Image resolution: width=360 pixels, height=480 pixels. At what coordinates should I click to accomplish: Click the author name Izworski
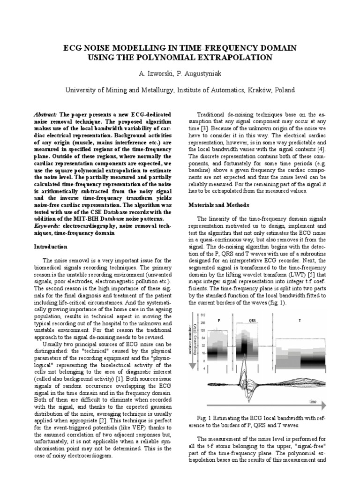click(157, 75)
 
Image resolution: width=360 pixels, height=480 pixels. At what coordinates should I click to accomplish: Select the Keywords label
click(48, 225)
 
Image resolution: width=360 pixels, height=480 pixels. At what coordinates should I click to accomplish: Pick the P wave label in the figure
click(219, 320)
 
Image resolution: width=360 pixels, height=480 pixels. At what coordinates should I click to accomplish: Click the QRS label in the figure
click(253, 320)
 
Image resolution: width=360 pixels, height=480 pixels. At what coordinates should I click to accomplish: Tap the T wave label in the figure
click(300, 320)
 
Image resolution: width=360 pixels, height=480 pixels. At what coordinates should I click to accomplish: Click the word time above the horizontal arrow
click(314, 402)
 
